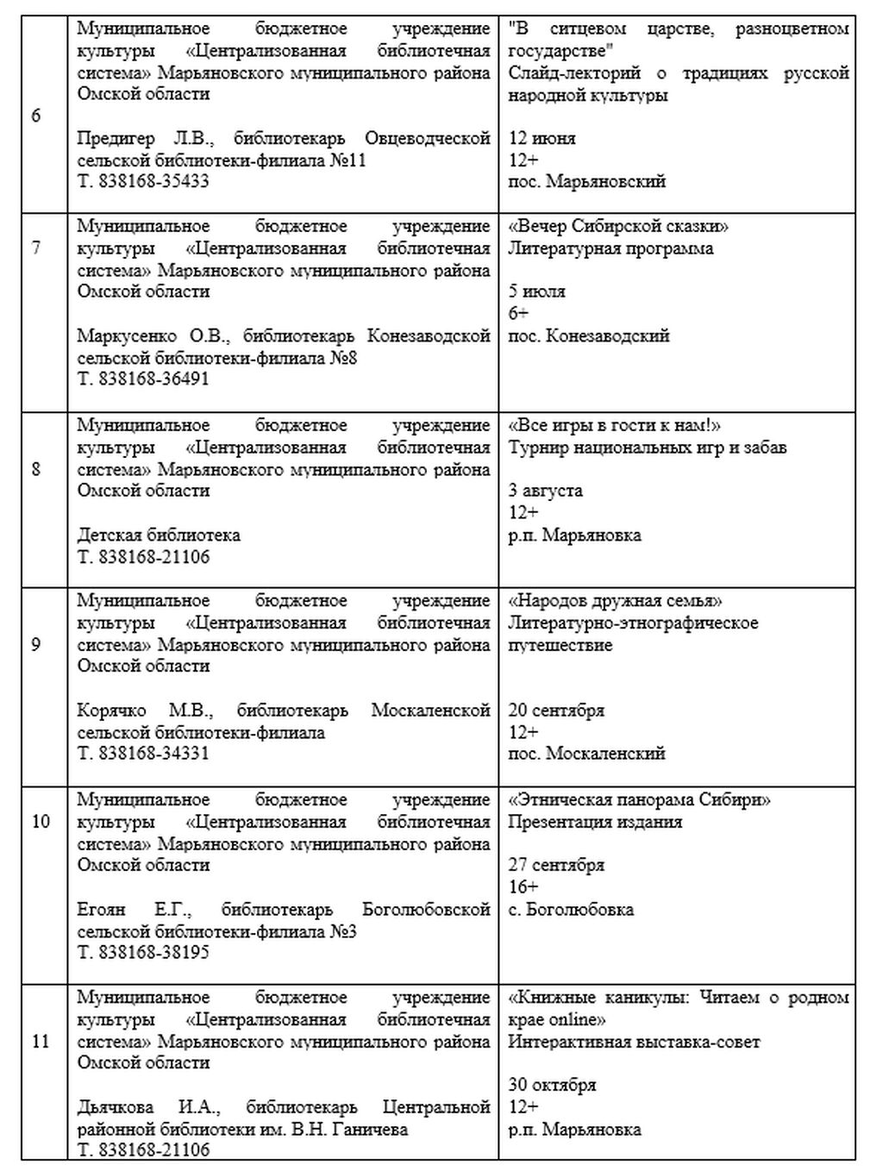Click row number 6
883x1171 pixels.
pyautogui.click(x=35, y=116)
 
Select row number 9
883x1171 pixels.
pyautogui.click(x=35, y=643)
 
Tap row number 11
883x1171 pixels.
pyautogui.click(x=41, y=1041)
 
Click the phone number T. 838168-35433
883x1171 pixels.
pyautogui.click(x=143, y=182)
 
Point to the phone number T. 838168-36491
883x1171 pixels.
pyautogui.click(x=143, y=379)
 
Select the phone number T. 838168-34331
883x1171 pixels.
pyautogui.click(x=143, y=754)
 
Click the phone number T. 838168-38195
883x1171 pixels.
pyautogui.click(x=143, y=953)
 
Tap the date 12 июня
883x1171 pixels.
pyautogui.click(x=542, y=138)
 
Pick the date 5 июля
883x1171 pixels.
pyautogui.click(x=536, y=291)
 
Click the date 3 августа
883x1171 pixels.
pyautogui.click(x=545, y=491)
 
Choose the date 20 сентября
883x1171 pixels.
pyautogui.click(x=556, y=711)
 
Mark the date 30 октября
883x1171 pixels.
pyautogui.click(x=552, y=1085)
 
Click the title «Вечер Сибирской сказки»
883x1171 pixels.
pyautogui.click(x=618, y=227)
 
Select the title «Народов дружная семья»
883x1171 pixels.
pyautogui.click(x=615, y=601)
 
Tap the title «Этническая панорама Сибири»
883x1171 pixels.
pyautogui.click(x=639, y=799)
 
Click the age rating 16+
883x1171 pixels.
pyautogui.click(x=523, y=887)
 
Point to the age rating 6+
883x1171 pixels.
pyautogui.click(x=518, y=313)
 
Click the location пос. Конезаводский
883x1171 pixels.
pyautogui.click(x=588, y=335)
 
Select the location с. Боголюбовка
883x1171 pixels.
pyautogui.click(x=570, y=909)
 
